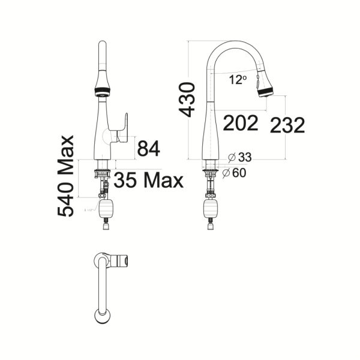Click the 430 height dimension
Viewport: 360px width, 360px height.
(187, 100)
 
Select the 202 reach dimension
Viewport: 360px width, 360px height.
(241, 123)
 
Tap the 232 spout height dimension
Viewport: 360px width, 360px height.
(287, 125)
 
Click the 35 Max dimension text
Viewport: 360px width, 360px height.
(148, 179)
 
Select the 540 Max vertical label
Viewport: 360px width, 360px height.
(66, 175)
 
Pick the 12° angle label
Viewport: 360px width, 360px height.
(238, 79)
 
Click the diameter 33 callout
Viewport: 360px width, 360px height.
(240, 158)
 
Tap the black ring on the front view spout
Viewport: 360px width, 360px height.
(103, 92)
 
